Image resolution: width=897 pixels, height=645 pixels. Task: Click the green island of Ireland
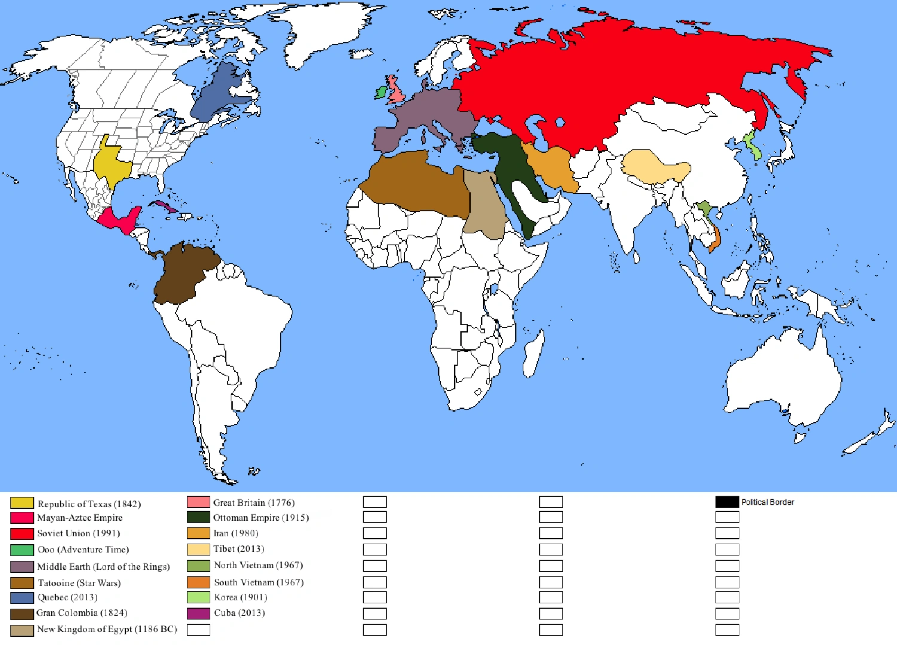[x=381, y=93]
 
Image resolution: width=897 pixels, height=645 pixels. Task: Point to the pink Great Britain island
[x=396, y=91]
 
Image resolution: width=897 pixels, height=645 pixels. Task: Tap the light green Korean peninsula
[x=752, y=146]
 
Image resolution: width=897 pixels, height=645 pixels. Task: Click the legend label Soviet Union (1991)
[x=78, y=533]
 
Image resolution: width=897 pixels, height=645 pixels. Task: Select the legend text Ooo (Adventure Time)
[x=83, y=549]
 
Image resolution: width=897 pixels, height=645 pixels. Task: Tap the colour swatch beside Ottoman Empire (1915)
[x=198, y=517]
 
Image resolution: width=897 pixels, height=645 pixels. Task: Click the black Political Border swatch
[x=727, y=502]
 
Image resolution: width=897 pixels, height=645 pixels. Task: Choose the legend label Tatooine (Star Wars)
[x=79, y=583]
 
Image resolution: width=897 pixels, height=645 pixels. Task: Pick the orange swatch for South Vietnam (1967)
[x=198, y=582]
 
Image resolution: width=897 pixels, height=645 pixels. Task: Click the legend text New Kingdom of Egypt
[x=107, y=629]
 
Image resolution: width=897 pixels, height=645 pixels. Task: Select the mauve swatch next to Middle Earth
[x=22, y=567]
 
